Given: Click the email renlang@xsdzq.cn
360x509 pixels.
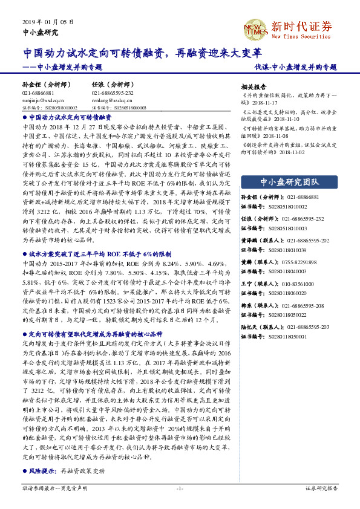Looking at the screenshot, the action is (x=108, y=100).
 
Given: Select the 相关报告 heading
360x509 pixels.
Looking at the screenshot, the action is (x=254, y=86).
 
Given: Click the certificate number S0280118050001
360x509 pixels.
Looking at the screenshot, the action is (x=287, y=334).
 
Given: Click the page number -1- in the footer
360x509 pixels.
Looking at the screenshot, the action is (x=180, y=487).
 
